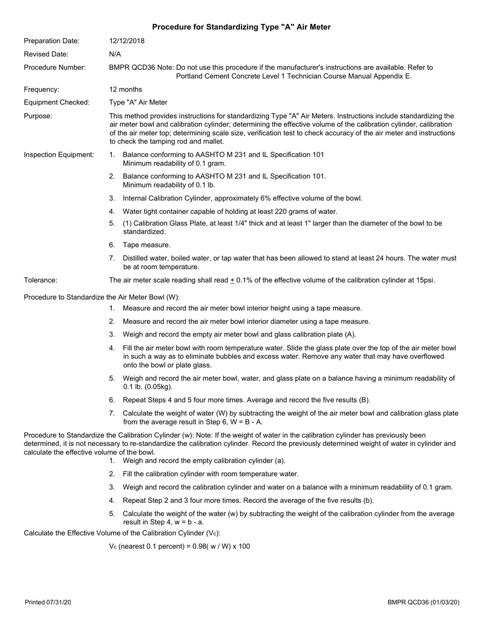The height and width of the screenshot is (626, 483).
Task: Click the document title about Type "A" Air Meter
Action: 241,27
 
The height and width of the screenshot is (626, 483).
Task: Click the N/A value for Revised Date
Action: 115,54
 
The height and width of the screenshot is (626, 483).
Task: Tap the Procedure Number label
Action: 55,67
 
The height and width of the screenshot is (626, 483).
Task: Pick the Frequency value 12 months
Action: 126,89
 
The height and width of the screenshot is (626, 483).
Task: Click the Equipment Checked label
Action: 57,102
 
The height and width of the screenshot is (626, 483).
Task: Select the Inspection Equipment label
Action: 59,154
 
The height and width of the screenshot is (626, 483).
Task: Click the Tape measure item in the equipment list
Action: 146,245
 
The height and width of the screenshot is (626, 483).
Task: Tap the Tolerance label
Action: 41,280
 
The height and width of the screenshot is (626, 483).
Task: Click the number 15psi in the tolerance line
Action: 424,280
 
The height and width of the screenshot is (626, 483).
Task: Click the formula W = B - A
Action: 245,421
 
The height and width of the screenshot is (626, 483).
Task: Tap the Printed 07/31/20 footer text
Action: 48,603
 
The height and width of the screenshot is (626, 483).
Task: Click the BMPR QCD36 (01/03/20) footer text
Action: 424,603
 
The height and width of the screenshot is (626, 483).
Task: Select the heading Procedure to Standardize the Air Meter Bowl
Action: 102,297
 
